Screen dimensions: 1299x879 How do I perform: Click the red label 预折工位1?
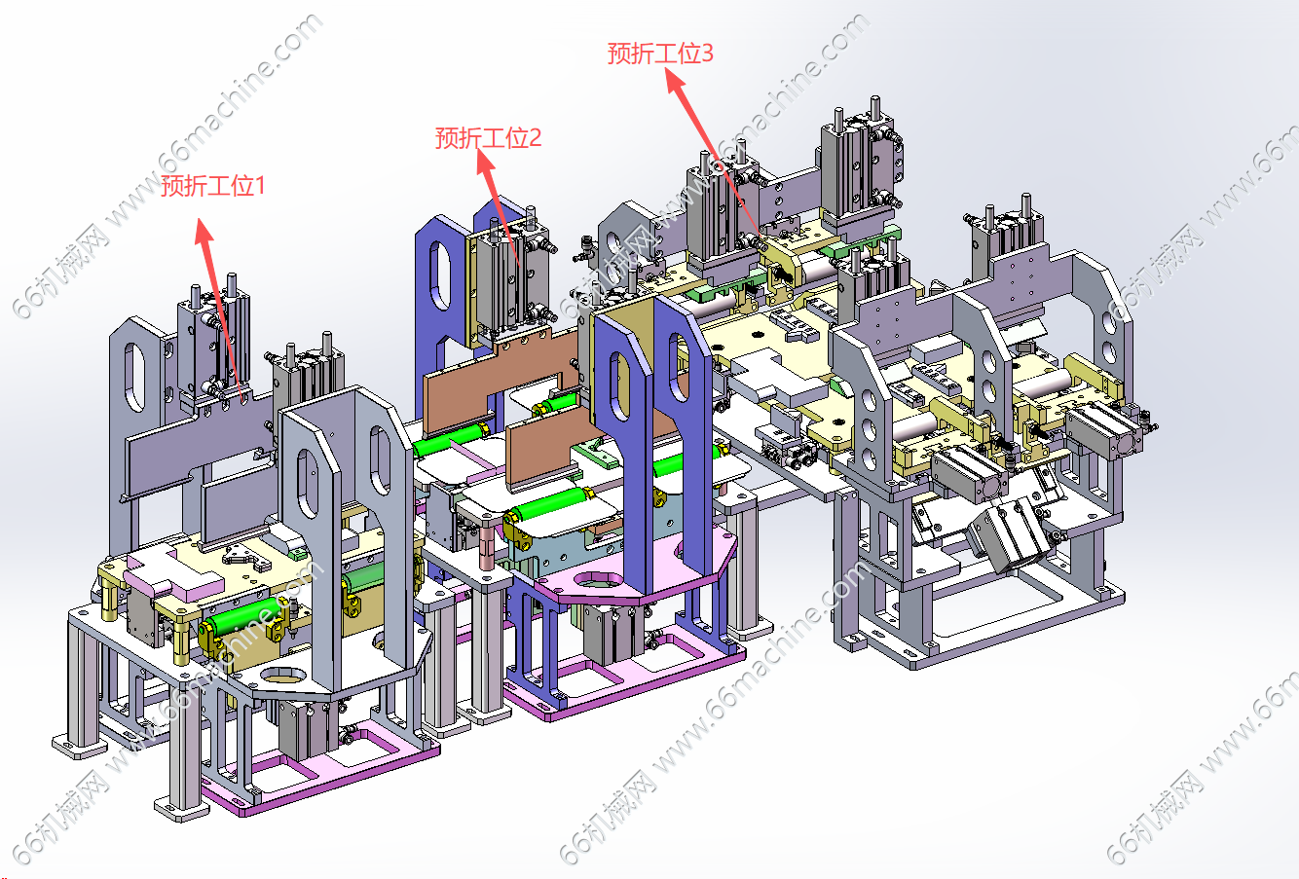tap(212, 186)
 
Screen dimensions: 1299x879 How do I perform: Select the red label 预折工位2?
tap(488, 138)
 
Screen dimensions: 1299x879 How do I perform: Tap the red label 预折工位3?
tap(660, 54)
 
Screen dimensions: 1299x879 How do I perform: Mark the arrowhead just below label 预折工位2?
tap(485, 163)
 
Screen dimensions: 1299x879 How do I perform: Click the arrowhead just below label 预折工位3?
tap(675, 80)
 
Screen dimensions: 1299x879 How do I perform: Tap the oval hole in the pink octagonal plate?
tap(600, 579)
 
